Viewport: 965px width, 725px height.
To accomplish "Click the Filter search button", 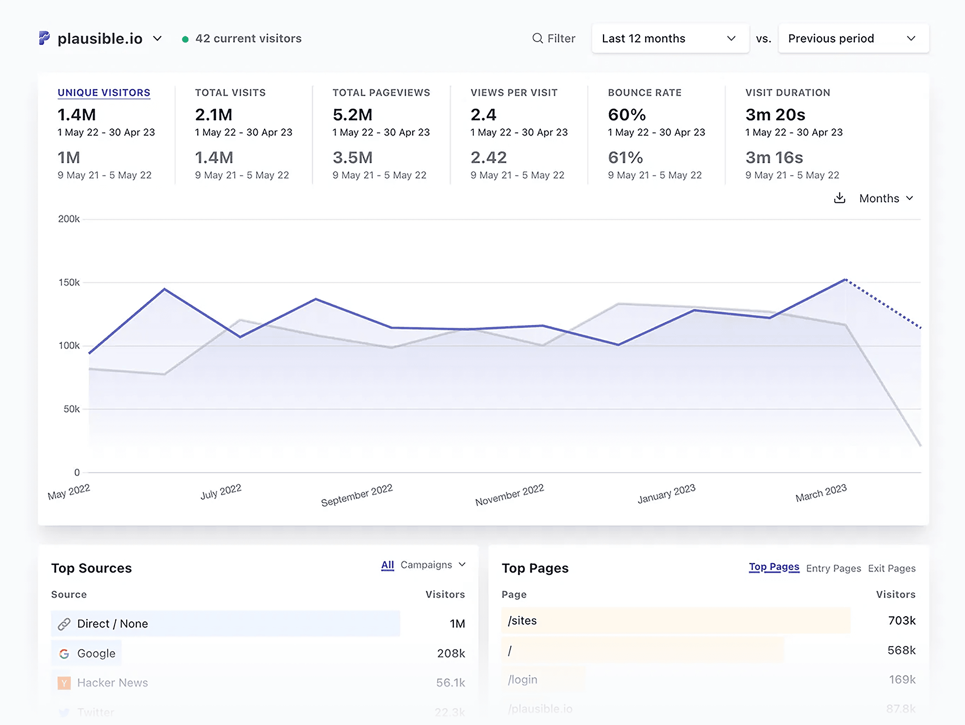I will point(554,38).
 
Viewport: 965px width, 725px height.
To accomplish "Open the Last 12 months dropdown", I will point(670,38).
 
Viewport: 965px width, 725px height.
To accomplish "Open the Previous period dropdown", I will point(853,38).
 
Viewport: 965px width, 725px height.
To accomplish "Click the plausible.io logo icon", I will point(44,38).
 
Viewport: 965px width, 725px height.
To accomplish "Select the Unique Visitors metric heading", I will point(104,93).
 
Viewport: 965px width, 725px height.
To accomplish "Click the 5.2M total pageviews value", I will point(352,115).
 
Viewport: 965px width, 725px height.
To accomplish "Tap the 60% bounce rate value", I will point(626,115).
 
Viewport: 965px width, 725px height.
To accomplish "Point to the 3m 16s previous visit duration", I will point(774,158).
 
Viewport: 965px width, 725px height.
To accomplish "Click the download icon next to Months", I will point(840,198).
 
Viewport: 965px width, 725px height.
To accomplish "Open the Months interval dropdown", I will point(885,198).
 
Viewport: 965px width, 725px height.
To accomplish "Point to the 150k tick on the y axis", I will point(69,282).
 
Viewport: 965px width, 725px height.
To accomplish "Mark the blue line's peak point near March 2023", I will point(845,279).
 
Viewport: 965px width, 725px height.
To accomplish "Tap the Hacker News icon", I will point(64,683).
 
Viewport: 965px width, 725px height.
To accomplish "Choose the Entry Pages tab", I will point(833,568).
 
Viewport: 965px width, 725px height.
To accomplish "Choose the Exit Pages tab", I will point(891,568).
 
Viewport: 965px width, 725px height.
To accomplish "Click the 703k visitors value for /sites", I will point(901,620).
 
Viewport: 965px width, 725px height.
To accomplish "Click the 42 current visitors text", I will point(248,38).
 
